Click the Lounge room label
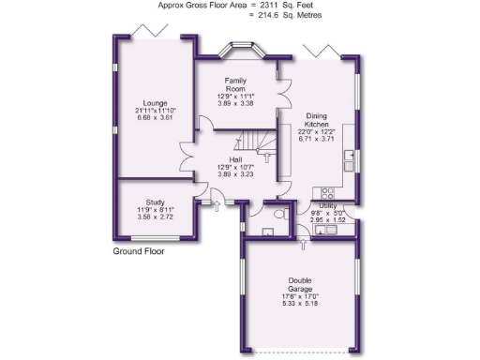(154, 102)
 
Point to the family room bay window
(235, 50)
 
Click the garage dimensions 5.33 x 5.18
(300, 305)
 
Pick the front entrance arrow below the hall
(217, 203)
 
